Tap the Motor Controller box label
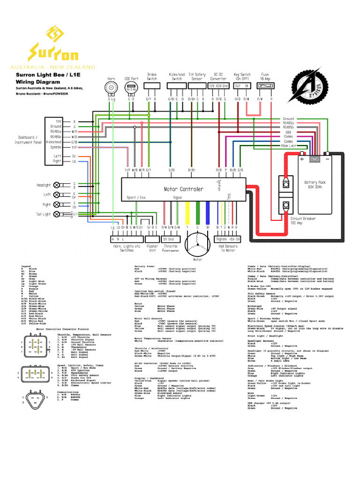pyautogui.click(x=183, y=189)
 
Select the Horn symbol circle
pyautogui.click(x=112, y=88)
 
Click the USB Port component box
pyautogui.click(x=130, y=88)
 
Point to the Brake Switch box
pyautogui.click(x=152, y=88)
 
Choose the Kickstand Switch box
pyautogui.click(x=177, y=88)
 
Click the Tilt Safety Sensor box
pyautogui.click(x=197, y=88)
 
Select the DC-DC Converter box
pyautogui.click(x=218, y=86)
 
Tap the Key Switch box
pyautogui.click(x=242, y=86)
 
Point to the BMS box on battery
pyautogui.click(x=315, y=159)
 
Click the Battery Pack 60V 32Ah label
pyautogui.click(x=314, y=184)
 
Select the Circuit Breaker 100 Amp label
pyautogui.click(x=303, y=220)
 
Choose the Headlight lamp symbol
pyautogui.click(x=57, y=185)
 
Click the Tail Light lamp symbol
pyautogui.click(x=57, y=214)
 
